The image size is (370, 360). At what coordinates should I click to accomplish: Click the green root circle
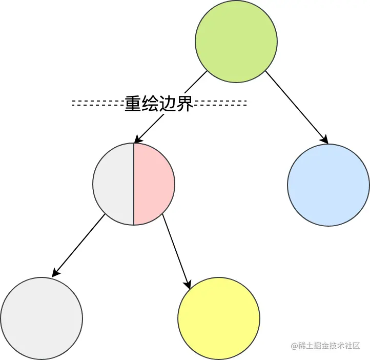(236, 42)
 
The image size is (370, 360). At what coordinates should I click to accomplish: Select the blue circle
(328, 185)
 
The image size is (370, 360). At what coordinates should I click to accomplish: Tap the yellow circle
(219, 318)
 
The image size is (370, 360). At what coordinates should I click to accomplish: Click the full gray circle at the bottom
(42, 318)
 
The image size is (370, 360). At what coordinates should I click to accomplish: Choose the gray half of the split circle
(114, 184)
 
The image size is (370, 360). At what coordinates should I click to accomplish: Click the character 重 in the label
(133, 104)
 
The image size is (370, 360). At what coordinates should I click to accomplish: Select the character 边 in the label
(168, 104)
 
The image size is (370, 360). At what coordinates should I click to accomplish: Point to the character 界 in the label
(184, 104)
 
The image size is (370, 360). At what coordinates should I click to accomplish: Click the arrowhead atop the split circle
(137, 139)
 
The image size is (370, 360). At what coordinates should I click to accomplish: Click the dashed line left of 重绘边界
(97, 103)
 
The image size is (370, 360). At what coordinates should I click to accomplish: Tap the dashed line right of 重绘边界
(220, 103)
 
